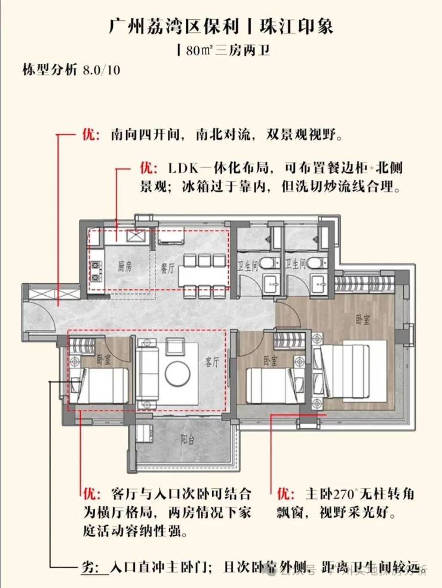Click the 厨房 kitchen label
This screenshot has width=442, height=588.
[x=124, y=267]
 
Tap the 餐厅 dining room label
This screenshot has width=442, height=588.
[x=167, y=268]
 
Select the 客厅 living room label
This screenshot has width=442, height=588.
[x=213, y=362]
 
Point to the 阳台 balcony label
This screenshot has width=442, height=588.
[x=188, y=439]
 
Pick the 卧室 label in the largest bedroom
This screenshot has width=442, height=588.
[x=362, y=320]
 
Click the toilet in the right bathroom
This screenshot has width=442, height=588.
[x=317, y=262]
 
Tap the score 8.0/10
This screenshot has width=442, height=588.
[x=101, y=69]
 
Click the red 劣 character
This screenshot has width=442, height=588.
[x=88, y=568]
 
